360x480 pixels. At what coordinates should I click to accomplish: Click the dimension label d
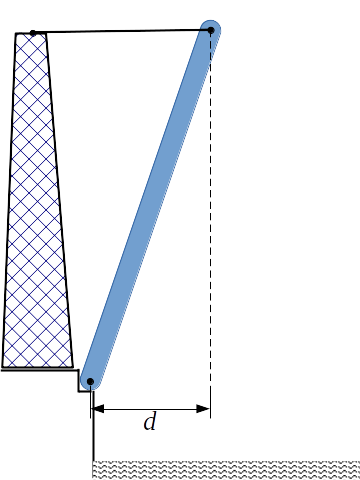(x=150, y=423)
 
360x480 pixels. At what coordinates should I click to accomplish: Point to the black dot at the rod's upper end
(x=211, y=31)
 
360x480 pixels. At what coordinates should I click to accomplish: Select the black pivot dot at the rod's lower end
(x=89, y=381)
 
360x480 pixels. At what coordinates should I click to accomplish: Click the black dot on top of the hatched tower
(x=33, y=33)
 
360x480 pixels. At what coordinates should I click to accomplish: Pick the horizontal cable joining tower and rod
(x=120, y=32)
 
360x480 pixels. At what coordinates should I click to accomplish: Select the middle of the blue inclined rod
(x=150, y=206)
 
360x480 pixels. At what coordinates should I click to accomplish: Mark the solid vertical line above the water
(x=93, y=430)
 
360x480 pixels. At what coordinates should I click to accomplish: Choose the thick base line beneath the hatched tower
(x=36, y=369)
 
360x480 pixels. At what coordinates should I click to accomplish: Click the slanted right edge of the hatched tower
(x=60, y=200)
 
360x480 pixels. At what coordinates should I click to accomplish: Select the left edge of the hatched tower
(x=9, y=200)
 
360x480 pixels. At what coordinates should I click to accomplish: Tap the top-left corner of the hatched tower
(x=16, y=34)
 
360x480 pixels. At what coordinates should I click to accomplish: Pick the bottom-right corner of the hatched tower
(x=73, y=366)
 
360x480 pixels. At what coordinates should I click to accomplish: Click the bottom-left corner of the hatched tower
(x=3, y=366)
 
